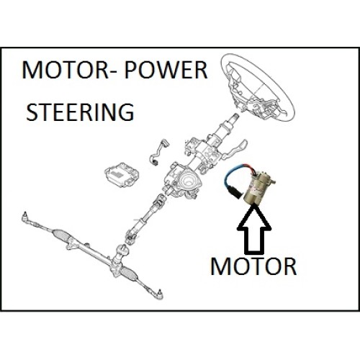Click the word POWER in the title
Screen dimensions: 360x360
[166, 70]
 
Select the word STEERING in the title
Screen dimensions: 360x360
[80, 112]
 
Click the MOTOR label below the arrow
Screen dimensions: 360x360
[253, 266]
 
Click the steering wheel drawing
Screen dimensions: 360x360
[258, 87]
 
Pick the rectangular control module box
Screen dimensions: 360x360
[122, 175]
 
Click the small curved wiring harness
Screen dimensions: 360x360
[158, 152]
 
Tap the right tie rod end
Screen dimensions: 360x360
[157, 293]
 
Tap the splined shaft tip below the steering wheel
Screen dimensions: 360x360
[236, 117]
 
